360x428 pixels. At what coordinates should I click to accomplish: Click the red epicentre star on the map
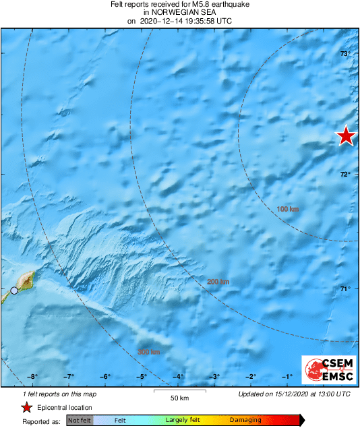[346, 136]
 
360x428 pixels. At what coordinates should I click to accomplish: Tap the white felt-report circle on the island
[14, 291]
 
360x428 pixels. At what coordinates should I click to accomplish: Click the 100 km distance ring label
[288, 210]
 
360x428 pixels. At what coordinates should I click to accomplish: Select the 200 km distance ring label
[218, 282]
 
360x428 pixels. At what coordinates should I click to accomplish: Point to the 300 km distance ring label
[148, 352]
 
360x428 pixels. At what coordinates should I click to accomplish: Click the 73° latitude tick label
[344, 54]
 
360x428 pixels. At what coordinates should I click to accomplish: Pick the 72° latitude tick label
[344, 175]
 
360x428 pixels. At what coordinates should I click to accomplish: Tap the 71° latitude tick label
[344, 289]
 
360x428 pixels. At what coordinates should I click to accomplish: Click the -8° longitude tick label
[32, 377]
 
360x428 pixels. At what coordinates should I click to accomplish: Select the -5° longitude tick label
[142, 377]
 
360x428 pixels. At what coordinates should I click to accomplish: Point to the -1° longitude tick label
[287, 377]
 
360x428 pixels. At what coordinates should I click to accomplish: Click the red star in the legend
[26, 407]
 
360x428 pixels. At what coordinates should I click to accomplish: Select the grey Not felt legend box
[80, 420]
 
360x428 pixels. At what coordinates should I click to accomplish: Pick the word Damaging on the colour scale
[245, 420]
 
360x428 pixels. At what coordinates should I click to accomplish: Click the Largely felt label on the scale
[184, 420]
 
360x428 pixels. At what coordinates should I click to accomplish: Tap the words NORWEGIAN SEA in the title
[179, 12]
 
